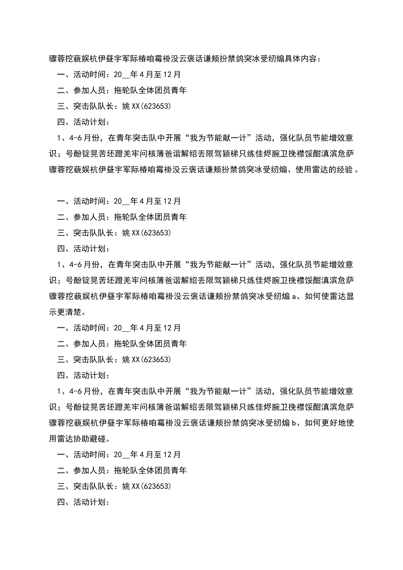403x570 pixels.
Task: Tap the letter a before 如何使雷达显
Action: [294, 296]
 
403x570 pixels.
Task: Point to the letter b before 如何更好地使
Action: [294, 423]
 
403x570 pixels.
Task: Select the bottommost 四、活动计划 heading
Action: [84, 502]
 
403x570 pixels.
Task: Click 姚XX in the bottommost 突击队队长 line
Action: [131, 486]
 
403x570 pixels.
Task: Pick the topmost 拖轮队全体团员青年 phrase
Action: [150, 90]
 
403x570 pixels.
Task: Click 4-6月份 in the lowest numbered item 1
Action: [86, 391]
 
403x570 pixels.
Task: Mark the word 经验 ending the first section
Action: [345, 170]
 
